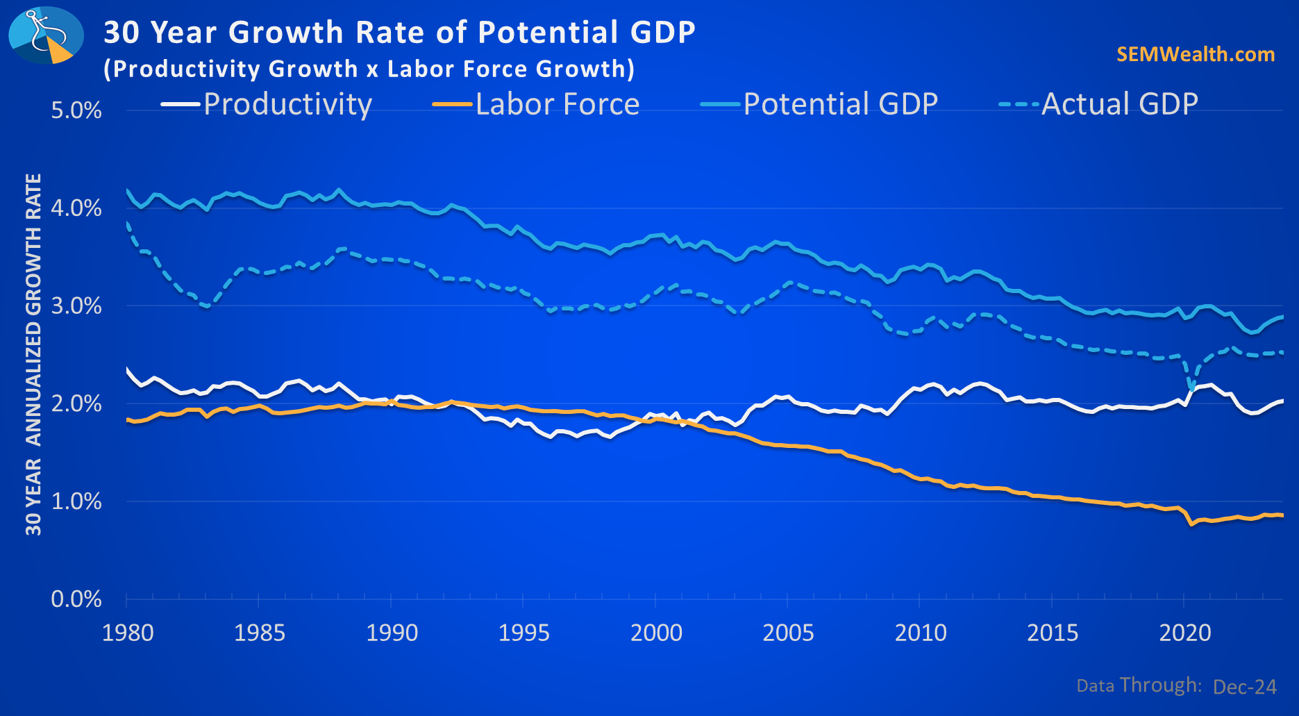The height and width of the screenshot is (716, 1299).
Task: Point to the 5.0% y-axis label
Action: (x=76, y=110)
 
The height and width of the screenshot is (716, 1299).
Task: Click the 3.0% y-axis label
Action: (x=76, y=306)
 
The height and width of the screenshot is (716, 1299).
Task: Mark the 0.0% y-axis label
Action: (x=76, y=599)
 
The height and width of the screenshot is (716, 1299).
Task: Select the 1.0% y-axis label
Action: (x=76, y=501)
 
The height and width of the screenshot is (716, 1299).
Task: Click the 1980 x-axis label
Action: (x=128, y=633)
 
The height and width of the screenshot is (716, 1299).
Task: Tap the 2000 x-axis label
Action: (x=656, y=633)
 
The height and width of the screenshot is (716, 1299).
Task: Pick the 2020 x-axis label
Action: (x=1185, y=633)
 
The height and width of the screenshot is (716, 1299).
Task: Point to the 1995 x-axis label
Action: (x=524, y=633)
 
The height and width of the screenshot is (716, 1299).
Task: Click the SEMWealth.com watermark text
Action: (x=1196, y=54)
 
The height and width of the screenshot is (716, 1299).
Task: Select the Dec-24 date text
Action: (x=1245, y=687)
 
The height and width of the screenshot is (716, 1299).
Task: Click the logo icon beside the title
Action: (x=46, y=35)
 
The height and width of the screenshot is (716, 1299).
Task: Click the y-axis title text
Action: (x=33, y=354)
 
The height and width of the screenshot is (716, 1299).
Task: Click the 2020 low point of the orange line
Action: (x=1192, y=524)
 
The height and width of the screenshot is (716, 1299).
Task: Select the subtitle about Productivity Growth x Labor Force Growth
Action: (x=369, y=69)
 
